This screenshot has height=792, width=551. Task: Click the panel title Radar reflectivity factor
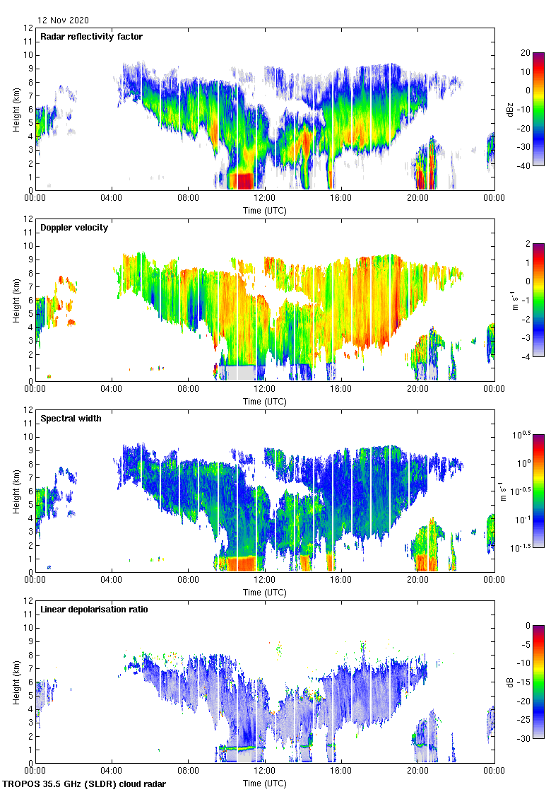92,36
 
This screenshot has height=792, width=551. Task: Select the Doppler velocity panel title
74,227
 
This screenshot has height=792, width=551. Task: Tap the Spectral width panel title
71,418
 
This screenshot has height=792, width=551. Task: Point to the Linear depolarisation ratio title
94,609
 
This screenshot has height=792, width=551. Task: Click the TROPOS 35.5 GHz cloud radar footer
85,784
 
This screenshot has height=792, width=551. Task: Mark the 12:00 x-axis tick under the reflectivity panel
265,199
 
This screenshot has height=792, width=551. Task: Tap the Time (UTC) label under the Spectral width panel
265,592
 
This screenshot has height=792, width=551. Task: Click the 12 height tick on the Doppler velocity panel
28,219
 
